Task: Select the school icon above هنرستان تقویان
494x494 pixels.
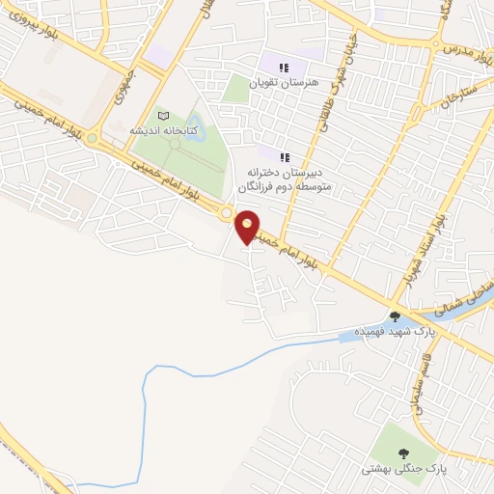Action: pyautogui.click(x=284, y=68)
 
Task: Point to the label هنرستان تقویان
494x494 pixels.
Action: pyautogui.click(x=283, y=83)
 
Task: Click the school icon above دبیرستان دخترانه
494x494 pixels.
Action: pyautogui.click(x=285, y=156)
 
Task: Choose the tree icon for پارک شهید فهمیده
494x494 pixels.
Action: pyautogui.click(x=395, y=316)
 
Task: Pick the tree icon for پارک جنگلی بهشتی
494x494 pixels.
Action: pyautogui.click(x=402, y=453)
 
